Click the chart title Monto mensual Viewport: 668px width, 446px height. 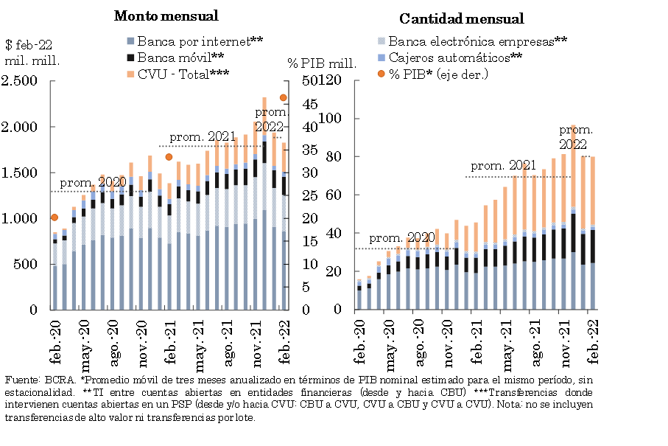(x=166, y=15)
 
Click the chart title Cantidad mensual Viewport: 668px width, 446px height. (x=461, y=19)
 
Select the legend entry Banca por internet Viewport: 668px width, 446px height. (x=194, y=41)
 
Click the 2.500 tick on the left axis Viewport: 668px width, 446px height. (x=21, y=81)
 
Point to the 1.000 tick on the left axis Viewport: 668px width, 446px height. (x=21, y=219)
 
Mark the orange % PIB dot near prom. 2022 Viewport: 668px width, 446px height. (x=283, y=97)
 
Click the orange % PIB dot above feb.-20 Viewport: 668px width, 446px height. (x=54, y=217)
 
